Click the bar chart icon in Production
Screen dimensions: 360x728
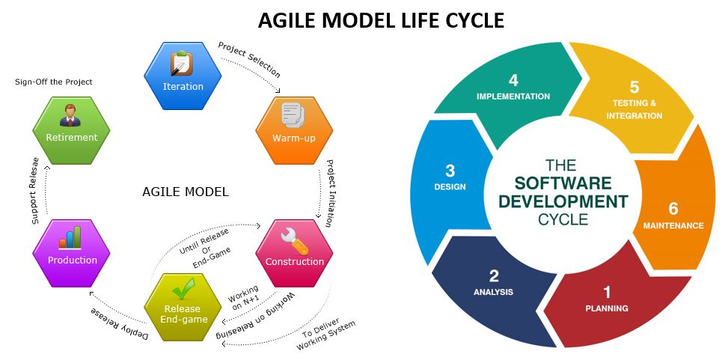[70, 239]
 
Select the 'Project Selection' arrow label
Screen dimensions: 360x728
[249, 60]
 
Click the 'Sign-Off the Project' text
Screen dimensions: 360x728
[54, 82]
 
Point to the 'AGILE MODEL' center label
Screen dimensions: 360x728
[185, 192]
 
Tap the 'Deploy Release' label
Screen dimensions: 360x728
[120, 323]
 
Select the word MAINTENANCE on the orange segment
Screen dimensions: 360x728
[673, 225]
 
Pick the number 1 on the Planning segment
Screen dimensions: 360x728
[607, 292]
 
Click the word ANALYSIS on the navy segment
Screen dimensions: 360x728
[493, 292]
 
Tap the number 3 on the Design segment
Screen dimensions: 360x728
[450, 170]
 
